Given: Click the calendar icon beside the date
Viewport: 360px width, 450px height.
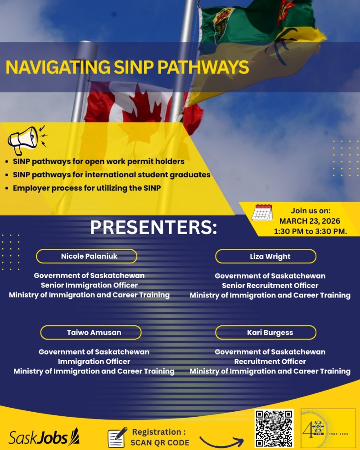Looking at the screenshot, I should click(x=262, y=212).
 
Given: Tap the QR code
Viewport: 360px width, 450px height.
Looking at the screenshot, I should click(x=274, y=428).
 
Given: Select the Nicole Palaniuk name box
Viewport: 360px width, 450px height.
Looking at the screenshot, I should click(x=86, y=256).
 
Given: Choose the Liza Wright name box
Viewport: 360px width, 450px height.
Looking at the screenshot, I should click(x=265, y=256).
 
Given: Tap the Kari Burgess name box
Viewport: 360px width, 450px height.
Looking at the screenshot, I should click(x=265, y=333).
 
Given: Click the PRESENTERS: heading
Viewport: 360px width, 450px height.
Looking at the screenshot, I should click(x=153, y=227).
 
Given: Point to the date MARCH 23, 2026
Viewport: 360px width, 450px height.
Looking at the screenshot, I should click(x=310, y=221).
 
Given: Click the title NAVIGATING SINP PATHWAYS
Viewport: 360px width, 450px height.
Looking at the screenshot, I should click(x=127, y=67).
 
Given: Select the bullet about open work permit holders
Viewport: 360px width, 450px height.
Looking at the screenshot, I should click(x=99, y=161).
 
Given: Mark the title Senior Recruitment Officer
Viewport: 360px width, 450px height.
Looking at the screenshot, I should click(x=270, y=285).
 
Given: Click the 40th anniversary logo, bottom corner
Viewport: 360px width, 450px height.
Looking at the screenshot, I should click(x=328, y=428).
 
